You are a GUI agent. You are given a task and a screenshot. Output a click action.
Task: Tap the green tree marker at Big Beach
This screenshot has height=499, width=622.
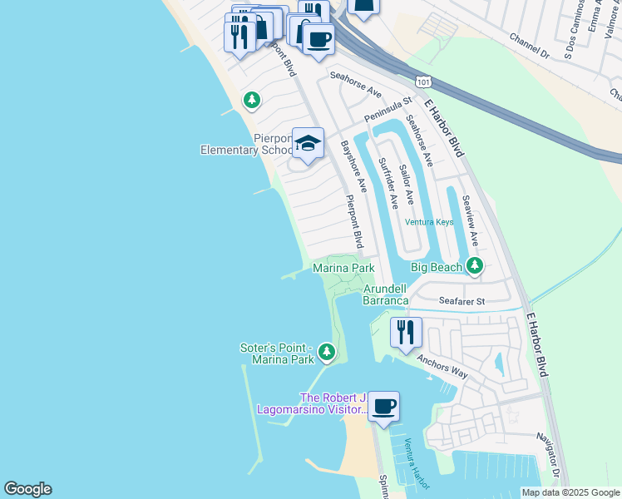pyautogui.click(x=474, y=266)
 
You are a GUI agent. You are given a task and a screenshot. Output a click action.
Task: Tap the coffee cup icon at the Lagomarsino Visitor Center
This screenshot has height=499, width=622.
pyautogui.click(x=383, y=407)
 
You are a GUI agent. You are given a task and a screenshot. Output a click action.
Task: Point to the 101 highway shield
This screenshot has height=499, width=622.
pyautogui.click(x=424, y=82)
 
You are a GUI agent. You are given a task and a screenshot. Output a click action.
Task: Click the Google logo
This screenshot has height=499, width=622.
pyautogui.click(x=27, y=489)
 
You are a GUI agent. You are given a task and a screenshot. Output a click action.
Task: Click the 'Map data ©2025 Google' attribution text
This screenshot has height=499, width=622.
pyautogui.click(x=570, y=492)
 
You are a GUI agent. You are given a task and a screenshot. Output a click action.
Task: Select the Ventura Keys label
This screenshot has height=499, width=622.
pyautogui.click(x=429, y=222)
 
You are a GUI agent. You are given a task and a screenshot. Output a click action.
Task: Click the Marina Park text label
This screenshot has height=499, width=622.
pyautogui.click(x=343, y=268)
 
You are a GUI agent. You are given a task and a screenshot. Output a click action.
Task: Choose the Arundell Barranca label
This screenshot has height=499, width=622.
pyautogui.click(x=386, y=294)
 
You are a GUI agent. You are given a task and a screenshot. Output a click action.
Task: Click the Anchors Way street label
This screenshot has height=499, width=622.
pyautogui.click(x=443, y=368)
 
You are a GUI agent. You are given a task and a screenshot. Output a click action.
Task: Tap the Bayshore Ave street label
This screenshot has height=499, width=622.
pyautogui.click(x=353, y=166)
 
